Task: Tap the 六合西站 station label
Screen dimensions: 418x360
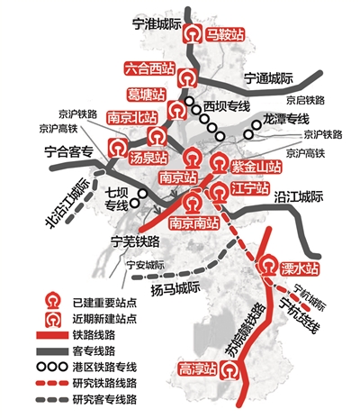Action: (x=150, y=68)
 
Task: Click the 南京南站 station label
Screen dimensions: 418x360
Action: (x=196, y=223)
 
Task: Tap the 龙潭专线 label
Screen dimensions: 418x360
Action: (x=286, y=119)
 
